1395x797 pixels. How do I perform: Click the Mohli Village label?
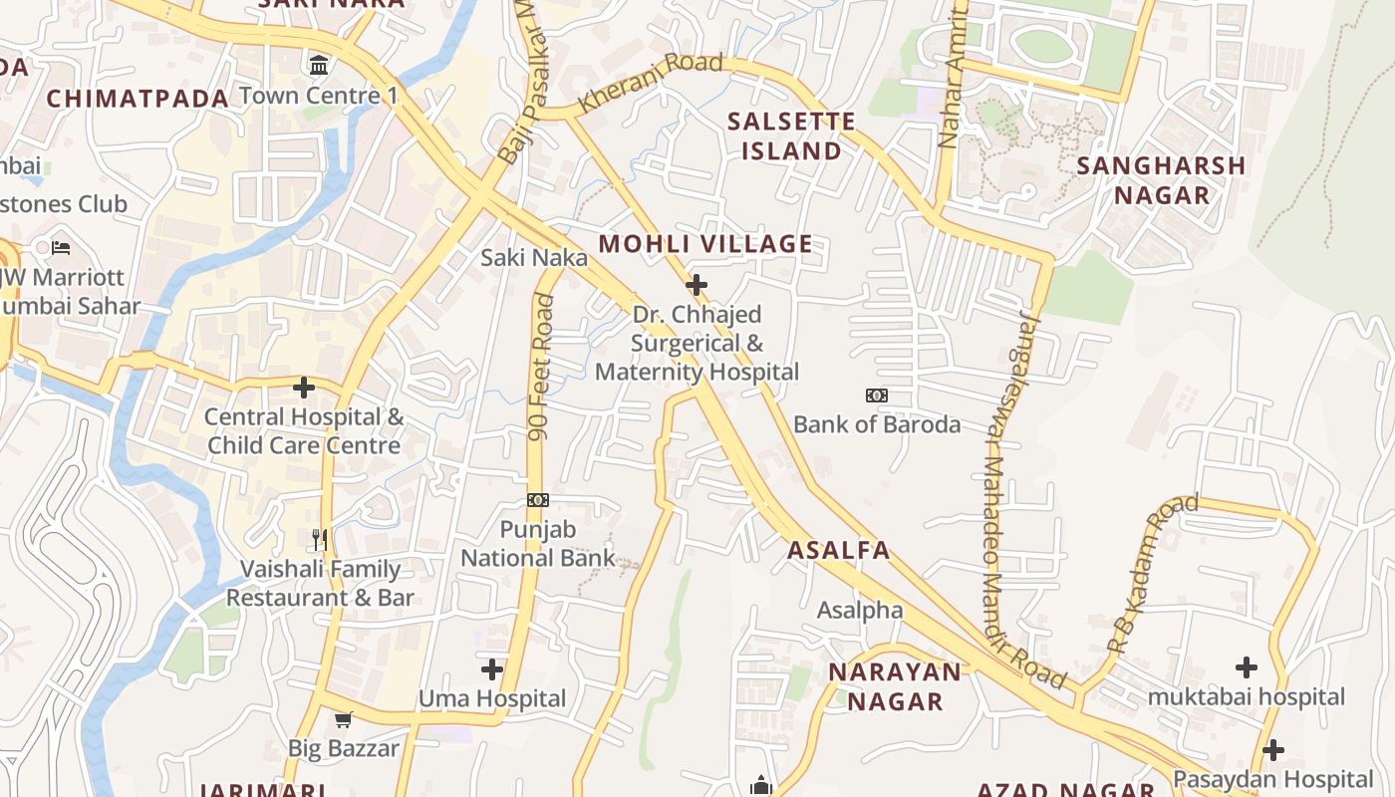point(705,244)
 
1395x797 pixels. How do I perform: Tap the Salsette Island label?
point(791,136)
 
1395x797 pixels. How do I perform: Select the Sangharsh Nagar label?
point(1161,180)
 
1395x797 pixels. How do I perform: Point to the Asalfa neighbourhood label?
point(838,550)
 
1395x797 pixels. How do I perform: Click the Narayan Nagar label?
point(895,686)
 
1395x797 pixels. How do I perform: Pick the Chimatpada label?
point(139,98)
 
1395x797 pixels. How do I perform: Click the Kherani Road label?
point(650,83)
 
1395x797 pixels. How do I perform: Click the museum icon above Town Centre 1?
point(319,66)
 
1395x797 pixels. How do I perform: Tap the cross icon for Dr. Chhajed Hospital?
point(697,286)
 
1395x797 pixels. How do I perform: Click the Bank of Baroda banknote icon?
point(877,396)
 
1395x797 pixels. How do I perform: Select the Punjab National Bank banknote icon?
point(538,500)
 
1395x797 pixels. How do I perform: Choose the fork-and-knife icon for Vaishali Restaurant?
point(320,540)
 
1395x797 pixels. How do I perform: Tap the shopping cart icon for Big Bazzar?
point(343,719)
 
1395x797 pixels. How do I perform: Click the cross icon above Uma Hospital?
point(492,668)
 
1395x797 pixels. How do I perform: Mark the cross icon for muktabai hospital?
point(1246,667)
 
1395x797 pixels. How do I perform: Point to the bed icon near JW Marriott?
point(61,247)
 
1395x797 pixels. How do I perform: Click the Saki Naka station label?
point(534,258)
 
